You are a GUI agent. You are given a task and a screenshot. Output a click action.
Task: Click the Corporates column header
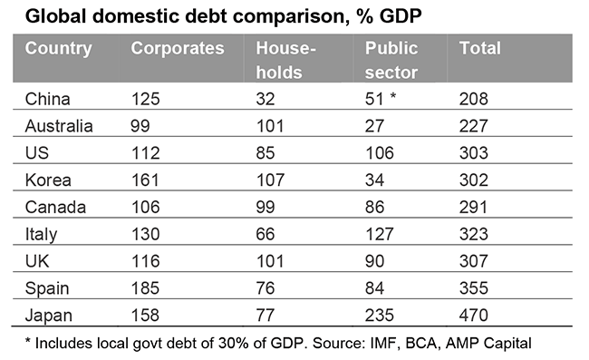click(178, 48)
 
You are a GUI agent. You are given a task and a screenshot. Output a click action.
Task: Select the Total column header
click(479, 48)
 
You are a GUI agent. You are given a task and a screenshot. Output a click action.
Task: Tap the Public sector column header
click(391, 60)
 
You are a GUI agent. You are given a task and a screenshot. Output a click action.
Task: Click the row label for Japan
click(48, 316)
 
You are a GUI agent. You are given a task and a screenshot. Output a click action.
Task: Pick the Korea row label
click(48, 180)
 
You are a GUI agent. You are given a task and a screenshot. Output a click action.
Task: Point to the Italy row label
click(41, 235)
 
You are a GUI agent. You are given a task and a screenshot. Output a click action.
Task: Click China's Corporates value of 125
click(145, 99)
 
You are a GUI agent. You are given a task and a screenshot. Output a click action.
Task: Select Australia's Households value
click(270, 126)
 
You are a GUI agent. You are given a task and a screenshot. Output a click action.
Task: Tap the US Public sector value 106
click(380, 153)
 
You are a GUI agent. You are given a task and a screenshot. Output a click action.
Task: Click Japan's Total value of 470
click(473, 316)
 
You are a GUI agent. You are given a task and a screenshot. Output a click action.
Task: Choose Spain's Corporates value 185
click(145, 288)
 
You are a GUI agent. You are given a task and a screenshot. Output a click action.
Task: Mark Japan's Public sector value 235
click(380, 316)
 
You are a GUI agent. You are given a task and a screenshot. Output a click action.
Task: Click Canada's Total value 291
click(473, 207)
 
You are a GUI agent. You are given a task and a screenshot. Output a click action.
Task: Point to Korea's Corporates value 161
click(145, 180)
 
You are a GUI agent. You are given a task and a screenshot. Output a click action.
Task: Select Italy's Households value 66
click(266, 234)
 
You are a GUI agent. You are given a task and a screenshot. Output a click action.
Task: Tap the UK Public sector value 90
click(374, 261)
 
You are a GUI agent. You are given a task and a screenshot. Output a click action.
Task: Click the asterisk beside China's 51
click(393, 95)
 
